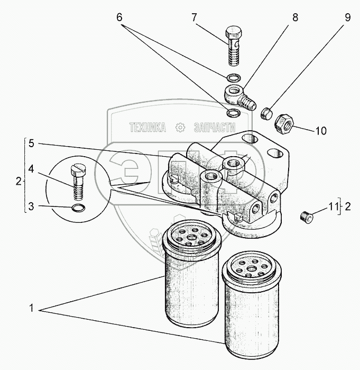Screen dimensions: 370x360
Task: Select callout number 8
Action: pyautogui.click(x=295, y=17)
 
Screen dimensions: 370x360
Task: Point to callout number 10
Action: pyautogui.click(x=321, y=130)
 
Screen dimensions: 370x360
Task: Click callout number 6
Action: pyautogui.click(x=120, y=17)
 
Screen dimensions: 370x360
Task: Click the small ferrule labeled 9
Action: pyautogui.click(x=267, y=112)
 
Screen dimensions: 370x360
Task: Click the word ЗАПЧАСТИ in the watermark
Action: pyautogui.click(x=214, y=127)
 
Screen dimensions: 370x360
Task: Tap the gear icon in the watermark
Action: pyautogui.click(x=180, y=127)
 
